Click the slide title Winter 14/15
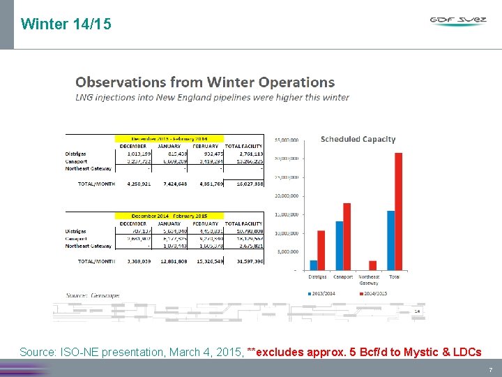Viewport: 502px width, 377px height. [66, 24]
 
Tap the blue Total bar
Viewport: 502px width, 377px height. [390, 240]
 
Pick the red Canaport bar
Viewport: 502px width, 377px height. [347, 236]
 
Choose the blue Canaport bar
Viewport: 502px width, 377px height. [339, 245]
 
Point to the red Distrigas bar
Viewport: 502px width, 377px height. [321, 250]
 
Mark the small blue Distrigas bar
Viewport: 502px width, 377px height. [313, 265]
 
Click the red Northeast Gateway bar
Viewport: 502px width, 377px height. [373, 265]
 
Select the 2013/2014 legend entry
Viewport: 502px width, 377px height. [323, 293]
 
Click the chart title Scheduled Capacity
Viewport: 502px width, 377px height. [358, 139]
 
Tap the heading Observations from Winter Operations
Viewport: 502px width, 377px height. [205, 82]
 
